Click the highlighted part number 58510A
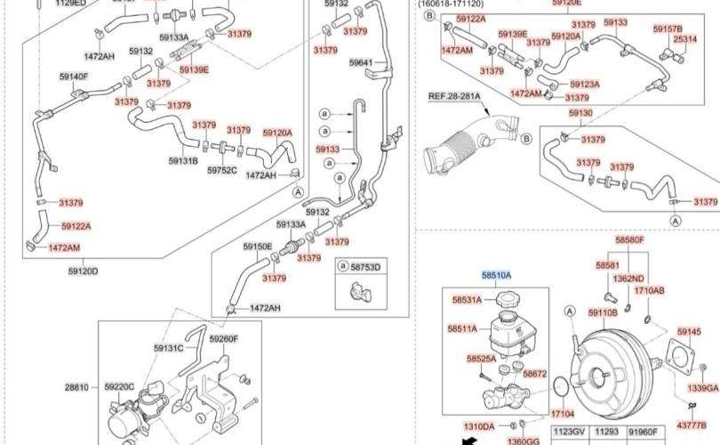click(x=496, y=277)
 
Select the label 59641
click(x=362, y=63)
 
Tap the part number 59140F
click(x=74, y=77)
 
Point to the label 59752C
click(x=222, y=170)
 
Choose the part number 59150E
click(x=258, y=247)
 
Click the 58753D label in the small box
click(x=364, y=267)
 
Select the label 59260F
click(x=223, y=339)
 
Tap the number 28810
click(x=76, y=387)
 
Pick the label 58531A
click(x=467, y=301)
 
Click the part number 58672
click(x=535, y=375)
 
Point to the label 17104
click(x=562, y=415)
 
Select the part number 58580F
click(x=630, y=239)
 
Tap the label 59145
click(x=689, y=332)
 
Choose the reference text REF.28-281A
click(x=453, y=96)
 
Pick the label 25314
click(x=684, y=40)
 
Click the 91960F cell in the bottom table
click(x=644, y=432)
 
